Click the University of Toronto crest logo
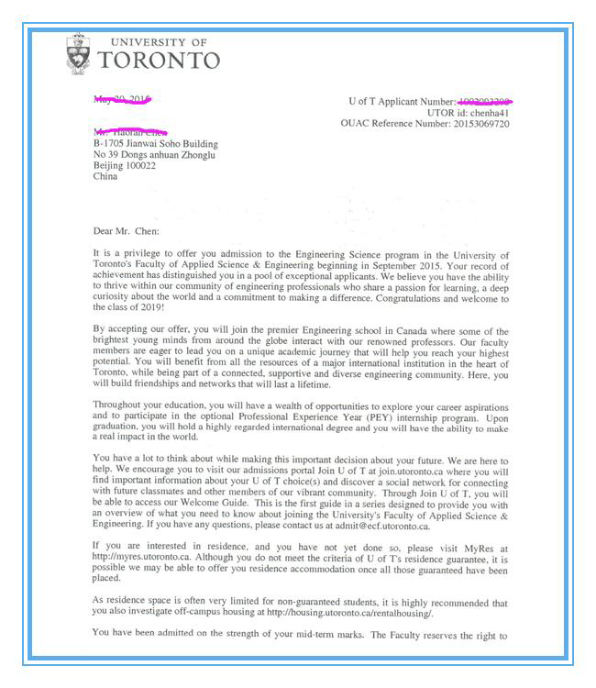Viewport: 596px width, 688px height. point(80,54)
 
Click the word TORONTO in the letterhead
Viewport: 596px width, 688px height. point(159,61)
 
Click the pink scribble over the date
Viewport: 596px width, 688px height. point(123,99)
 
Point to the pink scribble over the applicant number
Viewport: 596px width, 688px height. point(485,100)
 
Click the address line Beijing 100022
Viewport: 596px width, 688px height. point(125,166)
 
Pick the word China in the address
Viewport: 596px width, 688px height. point(105,177)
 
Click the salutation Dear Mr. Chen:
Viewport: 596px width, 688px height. point(127,231)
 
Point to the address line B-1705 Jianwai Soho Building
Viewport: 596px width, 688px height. point(156,144)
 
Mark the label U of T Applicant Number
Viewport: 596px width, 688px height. point(403,101)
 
